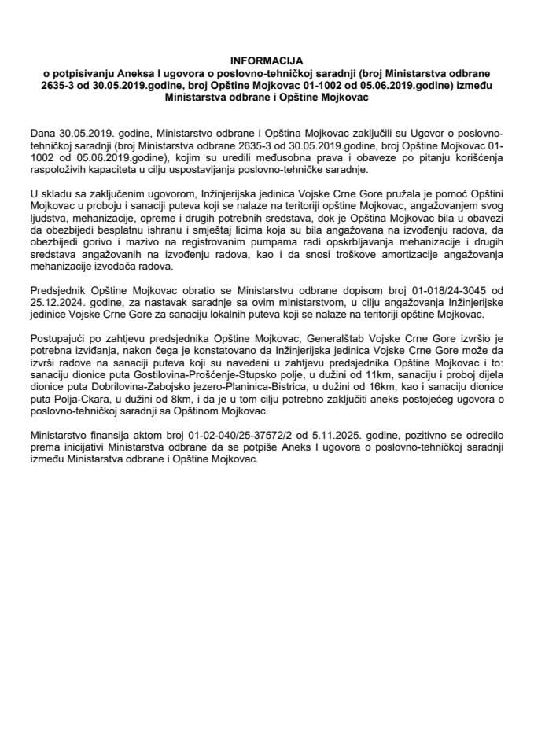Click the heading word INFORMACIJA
(x=267, y=60)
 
